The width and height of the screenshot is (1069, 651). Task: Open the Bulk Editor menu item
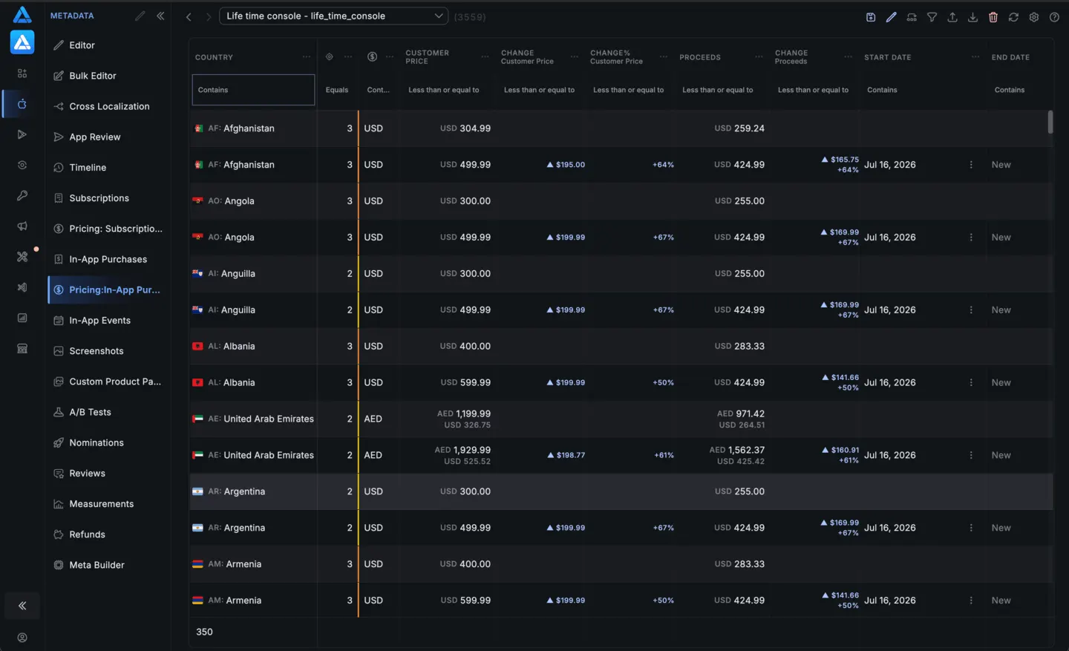(93, 76)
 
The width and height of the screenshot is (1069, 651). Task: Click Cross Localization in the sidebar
(109, 106)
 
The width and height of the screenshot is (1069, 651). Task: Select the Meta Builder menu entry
(97, 565)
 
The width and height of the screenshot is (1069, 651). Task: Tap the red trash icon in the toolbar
(993, 17)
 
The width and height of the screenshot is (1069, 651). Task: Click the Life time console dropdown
(333, 16)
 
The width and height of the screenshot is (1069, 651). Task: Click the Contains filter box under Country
(253, 90)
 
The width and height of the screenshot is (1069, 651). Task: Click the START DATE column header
(888, 57)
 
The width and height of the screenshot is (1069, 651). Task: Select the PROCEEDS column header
(700, 57)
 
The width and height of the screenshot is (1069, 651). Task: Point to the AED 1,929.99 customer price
(462, 450)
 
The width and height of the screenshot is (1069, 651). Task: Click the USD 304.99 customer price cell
(465, 128)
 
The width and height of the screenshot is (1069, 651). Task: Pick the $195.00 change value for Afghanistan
(566, 165)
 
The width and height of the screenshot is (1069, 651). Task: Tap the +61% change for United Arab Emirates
(664, 455)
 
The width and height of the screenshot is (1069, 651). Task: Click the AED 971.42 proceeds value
(741, 413)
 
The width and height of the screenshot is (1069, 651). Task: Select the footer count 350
(204, 632)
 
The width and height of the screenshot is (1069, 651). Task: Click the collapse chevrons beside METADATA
(160, 16)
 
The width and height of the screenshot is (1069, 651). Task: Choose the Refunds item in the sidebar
(87, 534)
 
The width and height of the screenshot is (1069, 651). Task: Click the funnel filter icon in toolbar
(932, 17)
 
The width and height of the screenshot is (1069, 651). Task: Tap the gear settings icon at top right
(1033, 17)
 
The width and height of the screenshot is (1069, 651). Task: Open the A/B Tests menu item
(90, 413)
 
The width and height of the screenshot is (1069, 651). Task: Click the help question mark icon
(1054, 17)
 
